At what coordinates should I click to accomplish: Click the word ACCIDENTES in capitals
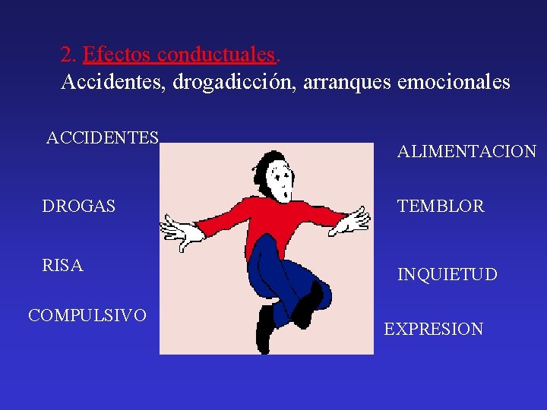[x=103, y=138]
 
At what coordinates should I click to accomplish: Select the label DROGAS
[x=79, y=206]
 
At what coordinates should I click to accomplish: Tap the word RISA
[x=63, y=266]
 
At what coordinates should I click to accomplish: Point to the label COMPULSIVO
[x=87, y=315]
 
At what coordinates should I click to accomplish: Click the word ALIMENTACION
[x=466, y=152]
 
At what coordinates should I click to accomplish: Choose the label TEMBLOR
[x=441, y=207]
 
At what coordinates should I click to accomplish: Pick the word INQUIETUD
[x=447, y=274]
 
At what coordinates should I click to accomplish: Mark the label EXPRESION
[x=433, y=330]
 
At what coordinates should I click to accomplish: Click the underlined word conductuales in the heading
[x=219, y=55]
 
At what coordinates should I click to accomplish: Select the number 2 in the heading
[x=67, y=55]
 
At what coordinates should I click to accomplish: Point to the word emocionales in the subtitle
[x=454, y=82]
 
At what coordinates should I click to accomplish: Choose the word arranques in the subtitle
[x=346, y=82]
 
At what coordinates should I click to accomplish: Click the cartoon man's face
[x=282, y=181]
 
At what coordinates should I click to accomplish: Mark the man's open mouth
[x=283, y=195]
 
